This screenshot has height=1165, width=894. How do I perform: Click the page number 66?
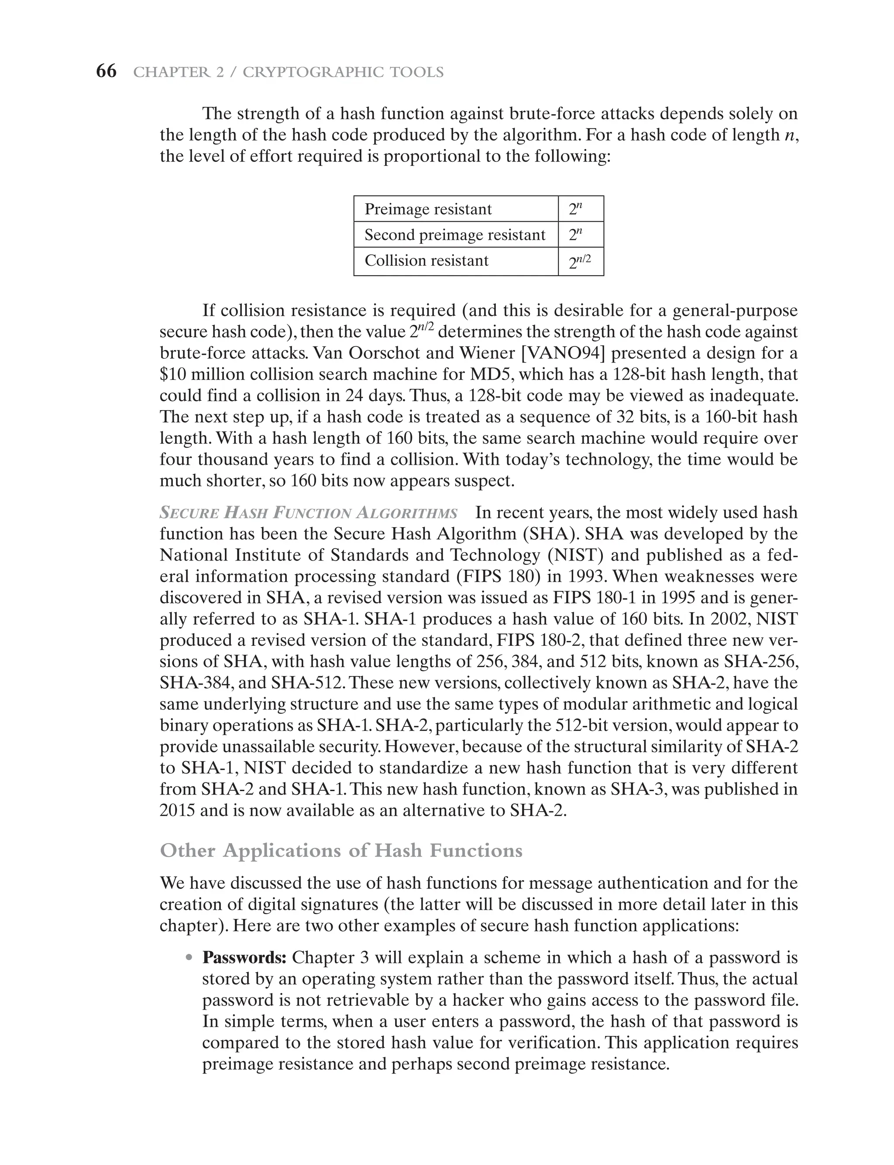[x=106, y=71]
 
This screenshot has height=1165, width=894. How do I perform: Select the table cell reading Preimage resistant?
[x=456, y=209]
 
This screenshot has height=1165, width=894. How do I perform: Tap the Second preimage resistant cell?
[x=456, y=235]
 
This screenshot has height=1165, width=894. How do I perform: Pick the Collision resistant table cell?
[x=456, y=260]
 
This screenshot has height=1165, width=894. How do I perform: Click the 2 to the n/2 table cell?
[x=580, y=261]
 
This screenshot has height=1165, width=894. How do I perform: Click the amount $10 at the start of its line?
[x=172, y=374]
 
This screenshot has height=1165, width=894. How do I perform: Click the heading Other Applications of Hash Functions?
[x=341, y=850]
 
